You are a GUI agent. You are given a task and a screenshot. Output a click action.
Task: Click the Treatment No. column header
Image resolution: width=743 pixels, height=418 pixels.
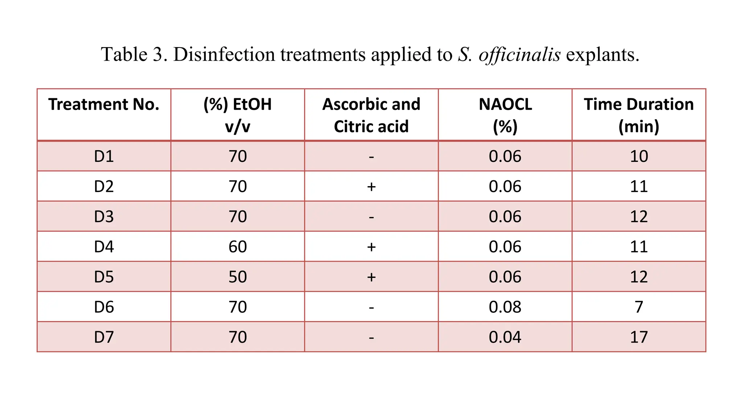click(104, 104)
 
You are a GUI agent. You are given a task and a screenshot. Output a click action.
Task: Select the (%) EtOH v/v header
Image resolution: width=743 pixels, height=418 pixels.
click(238, 115)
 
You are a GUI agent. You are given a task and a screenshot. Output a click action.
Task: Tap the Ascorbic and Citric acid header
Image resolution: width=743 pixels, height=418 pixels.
click(371, 115)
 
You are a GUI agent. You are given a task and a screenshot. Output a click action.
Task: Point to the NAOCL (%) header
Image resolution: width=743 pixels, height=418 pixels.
click(505, 115)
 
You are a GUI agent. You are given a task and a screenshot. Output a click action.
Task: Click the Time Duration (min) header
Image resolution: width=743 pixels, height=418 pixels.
click(639, 115)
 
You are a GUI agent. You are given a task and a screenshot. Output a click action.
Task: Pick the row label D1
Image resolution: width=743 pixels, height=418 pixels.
click(104, 156)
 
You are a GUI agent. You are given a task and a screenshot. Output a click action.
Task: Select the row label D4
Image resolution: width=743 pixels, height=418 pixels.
click(104, 247)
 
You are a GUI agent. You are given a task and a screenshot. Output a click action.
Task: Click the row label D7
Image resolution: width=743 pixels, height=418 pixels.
click(104, 337)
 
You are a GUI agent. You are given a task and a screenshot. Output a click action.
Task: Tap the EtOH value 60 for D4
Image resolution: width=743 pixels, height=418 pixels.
click(238, 247)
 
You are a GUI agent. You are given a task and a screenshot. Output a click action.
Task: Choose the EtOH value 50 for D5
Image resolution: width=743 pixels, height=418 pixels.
click(238, 277)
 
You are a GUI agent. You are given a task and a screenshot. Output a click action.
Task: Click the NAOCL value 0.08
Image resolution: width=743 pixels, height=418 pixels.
click(505, 307)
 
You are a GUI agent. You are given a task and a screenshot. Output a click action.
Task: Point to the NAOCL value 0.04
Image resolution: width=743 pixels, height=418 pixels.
click(505, 337)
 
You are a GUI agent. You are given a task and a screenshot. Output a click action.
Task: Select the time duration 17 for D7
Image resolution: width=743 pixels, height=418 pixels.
click(639, 337)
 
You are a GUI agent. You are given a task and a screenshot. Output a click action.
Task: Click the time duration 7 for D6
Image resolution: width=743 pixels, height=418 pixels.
click(639, 307)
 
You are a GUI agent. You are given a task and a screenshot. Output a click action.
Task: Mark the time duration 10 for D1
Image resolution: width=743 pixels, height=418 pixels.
click(639, 156)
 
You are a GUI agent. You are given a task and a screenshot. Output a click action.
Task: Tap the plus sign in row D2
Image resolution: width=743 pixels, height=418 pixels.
click(371, 187)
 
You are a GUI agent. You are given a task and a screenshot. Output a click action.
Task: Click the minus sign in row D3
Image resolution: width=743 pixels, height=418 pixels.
click(371, 218)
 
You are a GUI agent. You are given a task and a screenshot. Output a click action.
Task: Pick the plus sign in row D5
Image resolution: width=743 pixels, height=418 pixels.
click(371, 277)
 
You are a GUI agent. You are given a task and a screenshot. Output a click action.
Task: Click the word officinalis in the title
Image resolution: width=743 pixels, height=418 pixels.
click(520, 54)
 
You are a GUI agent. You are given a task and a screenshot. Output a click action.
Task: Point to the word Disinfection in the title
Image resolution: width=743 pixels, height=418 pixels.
click(224, 54)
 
